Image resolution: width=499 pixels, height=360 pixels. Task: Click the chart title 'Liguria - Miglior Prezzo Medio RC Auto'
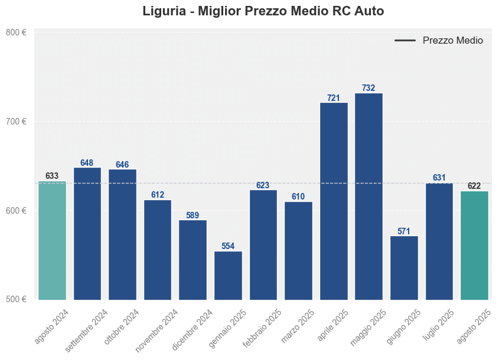pyautogui.click(x=263, y=11)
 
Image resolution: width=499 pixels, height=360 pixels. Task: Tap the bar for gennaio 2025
pyautogui.click(x=228, y=276)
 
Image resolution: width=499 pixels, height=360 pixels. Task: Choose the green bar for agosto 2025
pyautogui.click(x=474, y=246)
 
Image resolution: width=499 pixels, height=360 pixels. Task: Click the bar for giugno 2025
pyautogui.click(x=404, y=268)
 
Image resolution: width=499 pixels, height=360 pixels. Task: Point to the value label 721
pyautogui.click(x=334, y=98)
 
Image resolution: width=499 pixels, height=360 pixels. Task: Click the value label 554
pyautogui.click(x=228, y=246)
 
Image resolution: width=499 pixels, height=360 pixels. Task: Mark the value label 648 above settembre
pyautogui.click(x=87, y=163)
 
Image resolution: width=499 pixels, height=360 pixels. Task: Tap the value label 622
pyautogui.click(x=474, y=186)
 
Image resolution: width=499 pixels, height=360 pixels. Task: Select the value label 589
pyautogui.click(x=193, y=215)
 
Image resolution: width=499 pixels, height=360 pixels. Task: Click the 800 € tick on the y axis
pyautogui.click(x=16, y=32)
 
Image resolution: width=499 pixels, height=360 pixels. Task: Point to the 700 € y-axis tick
pyautogui.click(x=16, y=122)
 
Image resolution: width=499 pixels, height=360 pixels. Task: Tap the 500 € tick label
pyautogui.click(x=16, y=299)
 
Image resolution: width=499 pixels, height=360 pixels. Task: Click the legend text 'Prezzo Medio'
pyautogui.click(x=452, y=41)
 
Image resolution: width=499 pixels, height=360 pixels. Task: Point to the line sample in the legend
pyautogui.click(x=405, y=41)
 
